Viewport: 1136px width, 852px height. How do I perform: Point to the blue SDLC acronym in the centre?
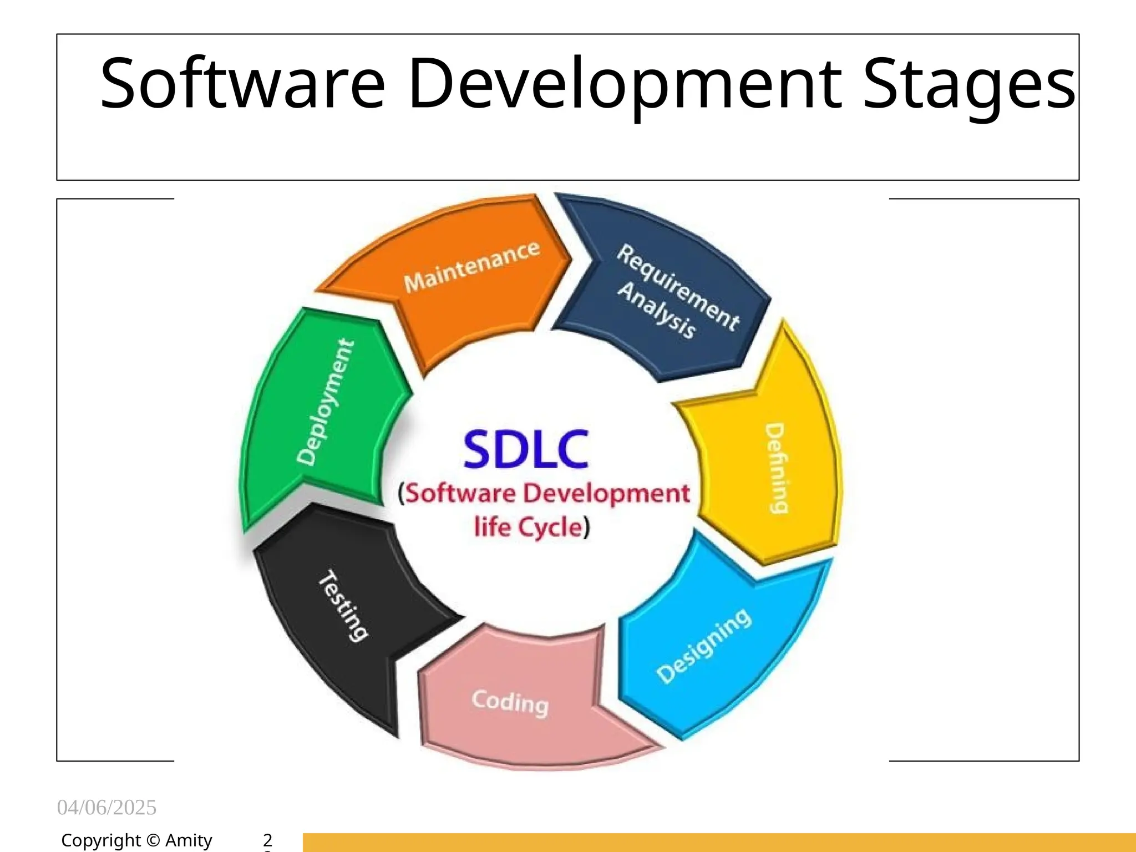pyautogui.click(x=525, y=450)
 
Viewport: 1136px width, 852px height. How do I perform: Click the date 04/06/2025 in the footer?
pyautogui.click(x=106, y=808)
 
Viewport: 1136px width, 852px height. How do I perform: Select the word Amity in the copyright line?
pyautogui.click(x=189, y=841)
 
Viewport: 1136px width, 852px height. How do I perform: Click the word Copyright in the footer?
pyautogui.click(x=101, y=841)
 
